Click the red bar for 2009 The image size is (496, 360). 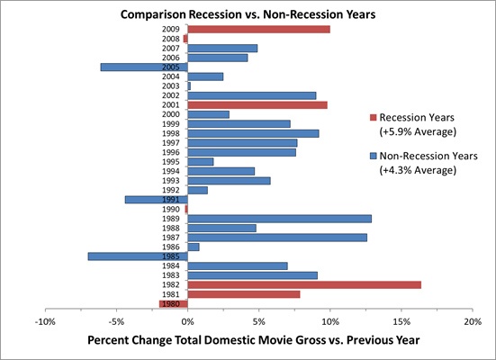[258, 30]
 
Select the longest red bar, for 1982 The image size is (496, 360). [304, 284]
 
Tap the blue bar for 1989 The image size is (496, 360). [280, 219]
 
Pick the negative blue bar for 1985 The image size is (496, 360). [138, 256]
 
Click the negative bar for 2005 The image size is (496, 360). [144, 67]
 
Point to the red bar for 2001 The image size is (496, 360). [257, 105]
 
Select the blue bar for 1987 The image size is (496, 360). [277, 238]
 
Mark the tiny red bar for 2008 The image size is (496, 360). [185, 39]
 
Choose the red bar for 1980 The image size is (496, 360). [174, 304]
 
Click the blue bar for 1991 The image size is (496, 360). [157, 200]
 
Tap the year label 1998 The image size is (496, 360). [171, 133]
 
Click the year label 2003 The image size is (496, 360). [171, 86]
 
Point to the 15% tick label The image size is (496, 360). [401, 322]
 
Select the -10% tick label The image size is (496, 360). [45, 322]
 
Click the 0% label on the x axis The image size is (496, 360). [187, 322]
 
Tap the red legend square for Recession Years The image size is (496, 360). [374, 118]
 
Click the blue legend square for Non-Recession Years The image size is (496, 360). [374, 156]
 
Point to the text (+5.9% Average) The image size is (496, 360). [418, 131]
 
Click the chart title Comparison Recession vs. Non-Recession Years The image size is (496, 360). [248, 14]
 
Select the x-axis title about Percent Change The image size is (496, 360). [254, 340]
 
